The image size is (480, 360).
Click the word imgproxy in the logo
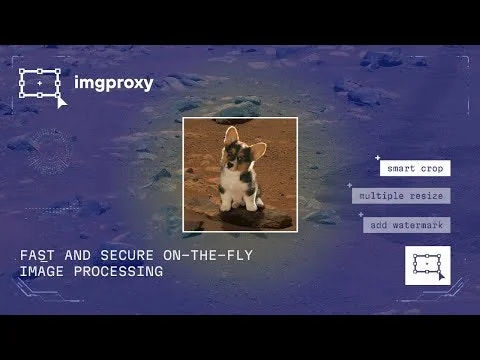(x=114, y=83)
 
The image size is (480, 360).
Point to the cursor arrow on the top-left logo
(x=62, y=100)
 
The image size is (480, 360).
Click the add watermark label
(x=407, y=225)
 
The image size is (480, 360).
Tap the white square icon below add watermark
(x=427, y=265)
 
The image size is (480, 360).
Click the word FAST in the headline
(x=37, y=256)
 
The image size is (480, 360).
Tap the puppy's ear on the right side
(x=258, y=150)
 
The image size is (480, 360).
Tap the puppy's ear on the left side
(x=230, y=137)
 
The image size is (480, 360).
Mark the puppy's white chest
(x=240, y=190)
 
